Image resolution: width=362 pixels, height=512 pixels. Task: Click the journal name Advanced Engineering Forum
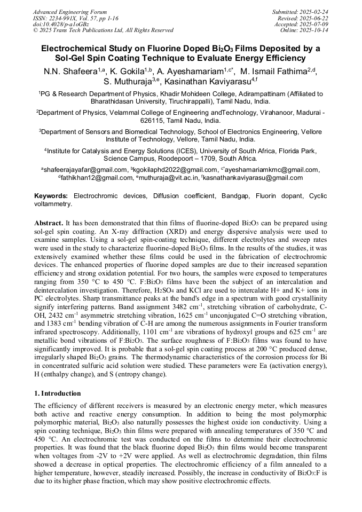click(69, 12)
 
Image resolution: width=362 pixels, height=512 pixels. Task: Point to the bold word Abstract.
click(49, 222)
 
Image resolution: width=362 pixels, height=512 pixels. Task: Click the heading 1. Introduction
click(57, 393)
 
